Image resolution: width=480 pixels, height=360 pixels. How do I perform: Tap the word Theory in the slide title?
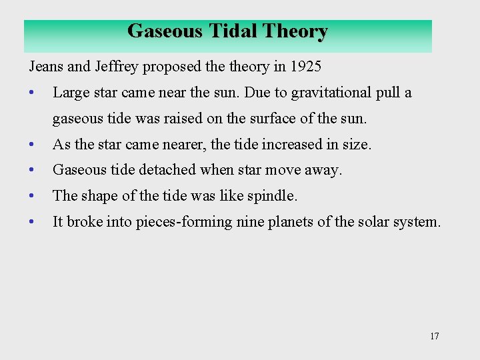[295, 31]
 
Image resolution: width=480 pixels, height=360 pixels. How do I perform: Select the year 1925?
[305, 67]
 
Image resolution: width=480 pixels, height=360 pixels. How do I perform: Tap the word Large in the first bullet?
[69, 93]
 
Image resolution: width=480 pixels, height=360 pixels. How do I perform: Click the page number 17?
[435, 336]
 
